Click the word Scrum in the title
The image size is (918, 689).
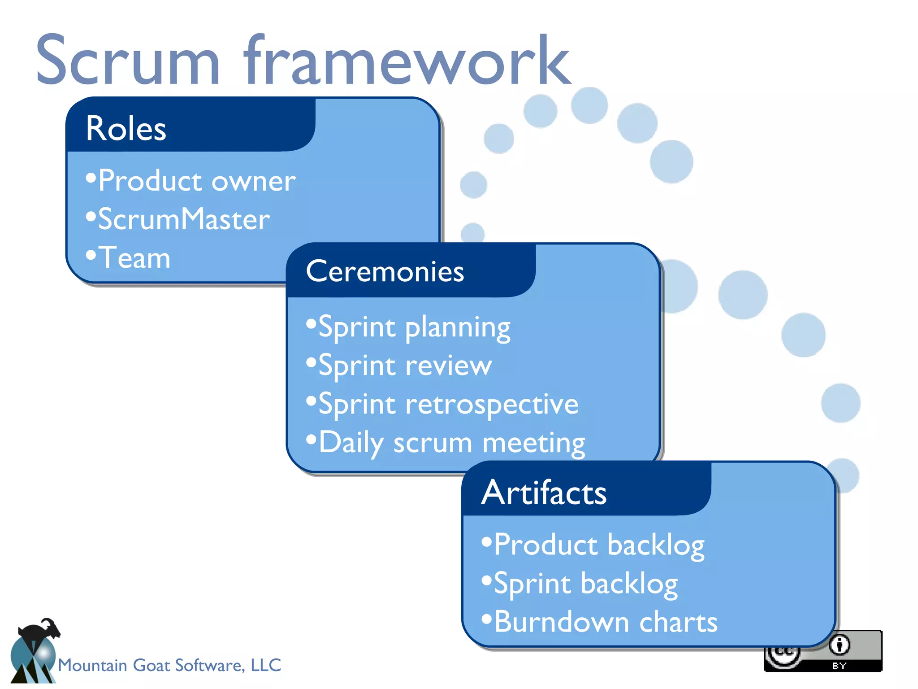click(x=128, y=61)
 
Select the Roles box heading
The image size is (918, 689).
click(x=126, y=129)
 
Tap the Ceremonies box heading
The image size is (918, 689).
click(x=385, y=271)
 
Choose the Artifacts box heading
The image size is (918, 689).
click(x=544, y=493)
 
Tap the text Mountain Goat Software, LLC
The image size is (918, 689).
click(x=169, y=665)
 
